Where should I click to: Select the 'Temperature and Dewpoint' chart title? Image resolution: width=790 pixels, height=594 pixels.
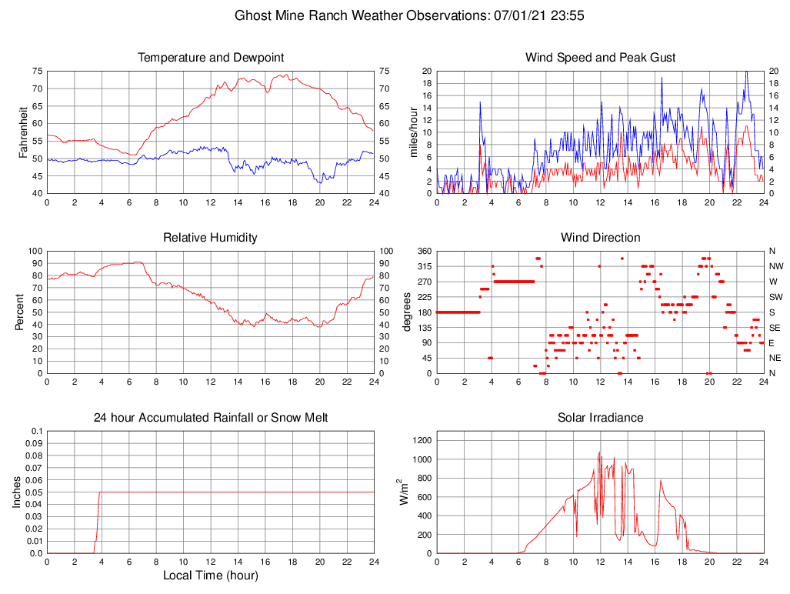click(x=210, y=58)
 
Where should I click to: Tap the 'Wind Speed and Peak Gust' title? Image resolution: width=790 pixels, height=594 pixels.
click(x=600, y=58)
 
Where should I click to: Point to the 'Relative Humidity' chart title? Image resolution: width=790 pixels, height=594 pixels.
click(x=210, y=238)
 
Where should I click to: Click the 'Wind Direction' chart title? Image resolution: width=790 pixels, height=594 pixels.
click(x=600, y=238)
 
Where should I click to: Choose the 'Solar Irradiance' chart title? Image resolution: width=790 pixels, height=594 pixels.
click(x=600, y=418)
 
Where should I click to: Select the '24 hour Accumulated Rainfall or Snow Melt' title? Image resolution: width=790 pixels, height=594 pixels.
click(x=210, y=418)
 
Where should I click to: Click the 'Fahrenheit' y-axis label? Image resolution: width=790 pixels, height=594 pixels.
click(x=23, y=132)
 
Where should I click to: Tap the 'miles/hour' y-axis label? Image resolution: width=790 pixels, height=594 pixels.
click(x=413, y=132)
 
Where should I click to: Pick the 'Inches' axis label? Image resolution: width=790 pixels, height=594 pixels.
click(x=17, y=492)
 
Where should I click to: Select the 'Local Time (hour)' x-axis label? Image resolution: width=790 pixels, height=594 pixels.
click(x=210, y=576)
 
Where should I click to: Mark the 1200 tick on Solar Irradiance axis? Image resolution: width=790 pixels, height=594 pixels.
click(x=421, y=441)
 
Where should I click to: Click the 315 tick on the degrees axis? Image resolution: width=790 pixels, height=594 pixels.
click(x=422, y=266)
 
